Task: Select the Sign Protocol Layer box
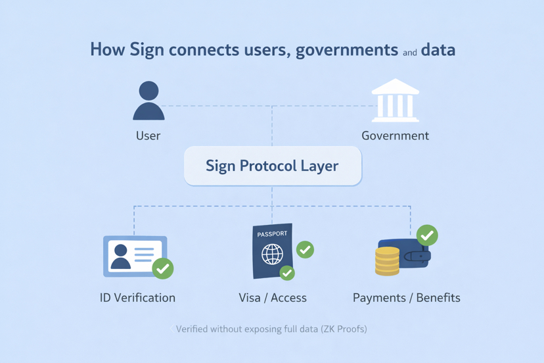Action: click(x=272, y=166)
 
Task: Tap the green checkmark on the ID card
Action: click(x=162, y=268)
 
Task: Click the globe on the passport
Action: click(x=272, y=254)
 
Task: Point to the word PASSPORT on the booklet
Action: click(x=272, y=234)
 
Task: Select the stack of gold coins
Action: click(x=387, y=261)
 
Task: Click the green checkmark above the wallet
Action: click(x=427, y=235)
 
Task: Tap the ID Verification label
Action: click(x=137, y=298)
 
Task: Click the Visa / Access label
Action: click(x=272, y=298)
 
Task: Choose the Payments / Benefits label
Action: click(x=406, y=298)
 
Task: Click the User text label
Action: click(x=148, y=136)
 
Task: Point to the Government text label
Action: click(x=395, y=136)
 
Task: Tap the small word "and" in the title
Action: click(x=409, y=53)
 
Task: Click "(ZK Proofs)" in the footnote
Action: click(x=344, y=329)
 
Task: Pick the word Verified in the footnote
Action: click(x=192, y=329)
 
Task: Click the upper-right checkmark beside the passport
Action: click(x=305, y=250)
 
